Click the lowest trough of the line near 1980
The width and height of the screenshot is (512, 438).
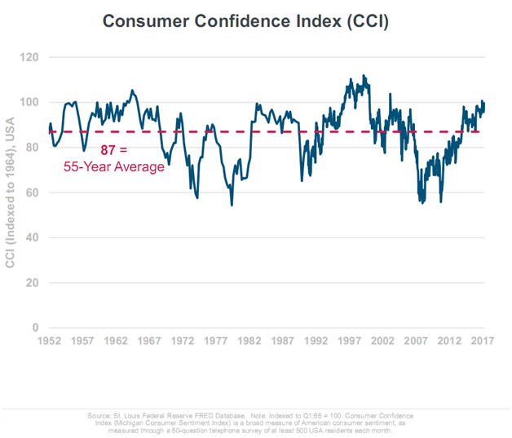coord(232,205)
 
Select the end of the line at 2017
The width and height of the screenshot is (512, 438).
coord(484,104)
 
